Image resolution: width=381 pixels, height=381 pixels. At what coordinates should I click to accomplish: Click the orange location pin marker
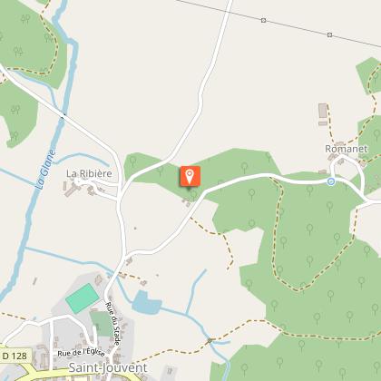tap(190, 176)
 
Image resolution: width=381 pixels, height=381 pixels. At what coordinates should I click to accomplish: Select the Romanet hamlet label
tap(345, 148)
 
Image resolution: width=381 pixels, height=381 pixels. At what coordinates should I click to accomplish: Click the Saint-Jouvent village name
tap(106, 367)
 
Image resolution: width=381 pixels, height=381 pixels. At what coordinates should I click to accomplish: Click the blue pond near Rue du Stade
tap(146, 304)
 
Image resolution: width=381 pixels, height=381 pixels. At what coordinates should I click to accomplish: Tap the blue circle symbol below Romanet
tap(331, 181)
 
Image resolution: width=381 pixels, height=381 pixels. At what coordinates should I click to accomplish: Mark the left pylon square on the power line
tap(262, 18)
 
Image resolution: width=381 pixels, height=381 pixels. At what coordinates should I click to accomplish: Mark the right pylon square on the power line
tap(329, 34)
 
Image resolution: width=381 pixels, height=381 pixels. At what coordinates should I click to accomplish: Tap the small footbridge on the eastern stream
tap(210, 340)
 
